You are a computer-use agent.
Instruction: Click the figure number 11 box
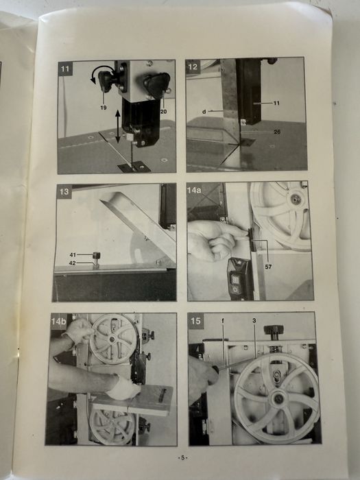pos(65,69)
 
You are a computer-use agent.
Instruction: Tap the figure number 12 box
pos(193,67)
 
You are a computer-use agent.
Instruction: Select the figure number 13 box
pos(64,191)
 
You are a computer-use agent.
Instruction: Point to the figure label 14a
pos(194,190)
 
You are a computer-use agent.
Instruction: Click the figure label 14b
pos(58,322)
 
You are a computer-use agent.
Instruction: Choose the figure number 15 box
pos(195,321)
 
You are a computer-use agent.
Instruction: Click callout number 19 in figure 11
pos(104,108)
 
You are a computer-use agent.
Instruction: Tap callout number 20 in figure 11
pos(164,112)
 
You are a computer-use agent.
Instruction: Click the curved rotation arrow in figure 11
pos(100,69)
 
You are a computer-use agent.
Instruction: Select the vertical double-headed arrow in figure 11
pos(118,126)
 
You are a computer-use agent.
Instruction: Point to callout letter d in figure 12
pos(204,112)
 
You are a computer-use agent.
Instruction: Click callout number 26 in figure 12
pos(277,132)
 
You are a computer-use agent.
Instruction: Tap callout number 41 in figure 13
pos(73,254)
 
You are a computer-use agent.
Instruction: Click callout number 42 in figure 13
pos(73,263)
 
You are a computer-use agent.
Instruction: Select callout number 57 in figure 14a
pos(268,267)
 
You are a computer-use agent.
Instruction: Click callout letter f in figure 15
pos(223,320)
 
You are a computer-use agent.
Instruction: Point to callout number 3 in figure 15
pos(254,320)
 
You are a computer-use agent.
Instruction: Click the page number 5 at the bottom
pos(183,458)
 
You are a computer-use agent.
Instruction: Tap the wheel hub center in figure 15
pos(278,398)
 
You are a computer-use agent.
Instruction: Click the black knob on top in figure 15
pos(274,330)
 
